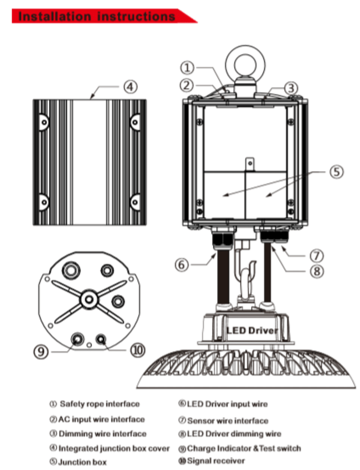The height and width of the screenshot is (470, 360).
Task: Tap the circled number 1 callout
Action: tap(188, 68)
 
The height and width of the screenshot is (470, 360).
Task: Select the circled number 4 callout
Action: tap(130, 86)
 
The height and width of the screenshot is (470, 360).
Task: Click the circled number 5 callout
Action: tap(336, 171)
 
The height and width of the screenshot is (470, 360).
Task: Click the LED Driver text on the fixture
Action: tap(252, 331)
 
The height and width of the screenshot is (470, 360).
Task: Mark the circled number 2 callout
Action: tap(188, 84)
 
